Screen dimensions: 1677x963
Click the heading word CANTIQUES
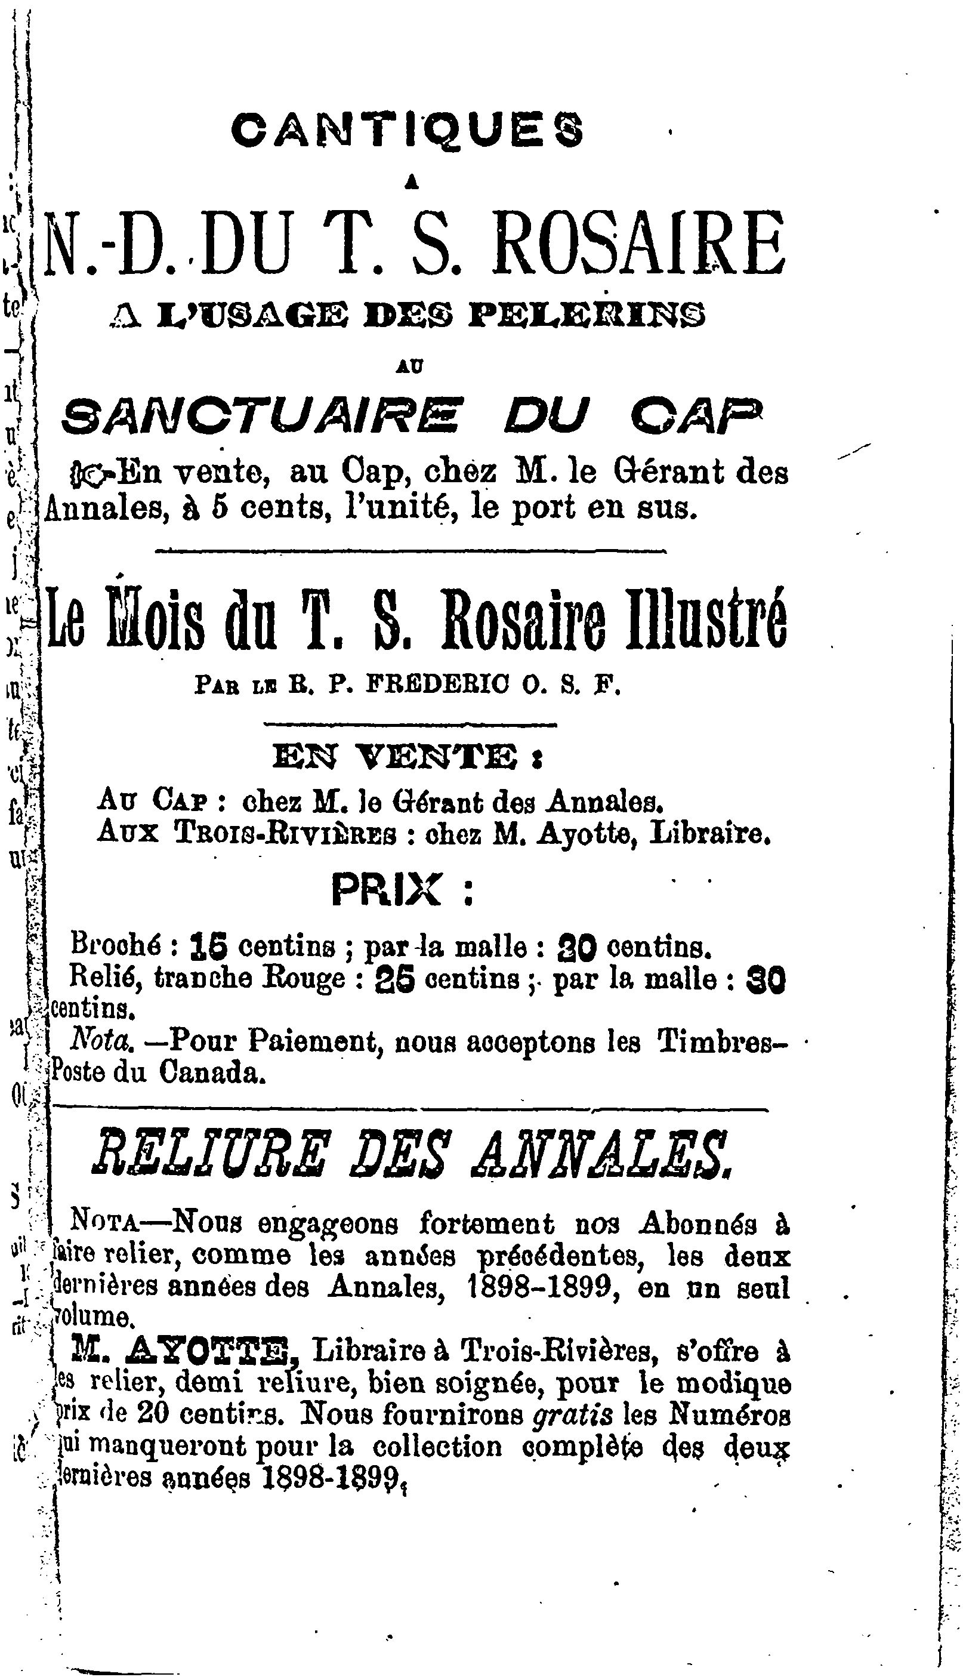point(408,130)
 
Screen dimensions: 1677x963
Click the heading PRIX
point(386,890)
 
